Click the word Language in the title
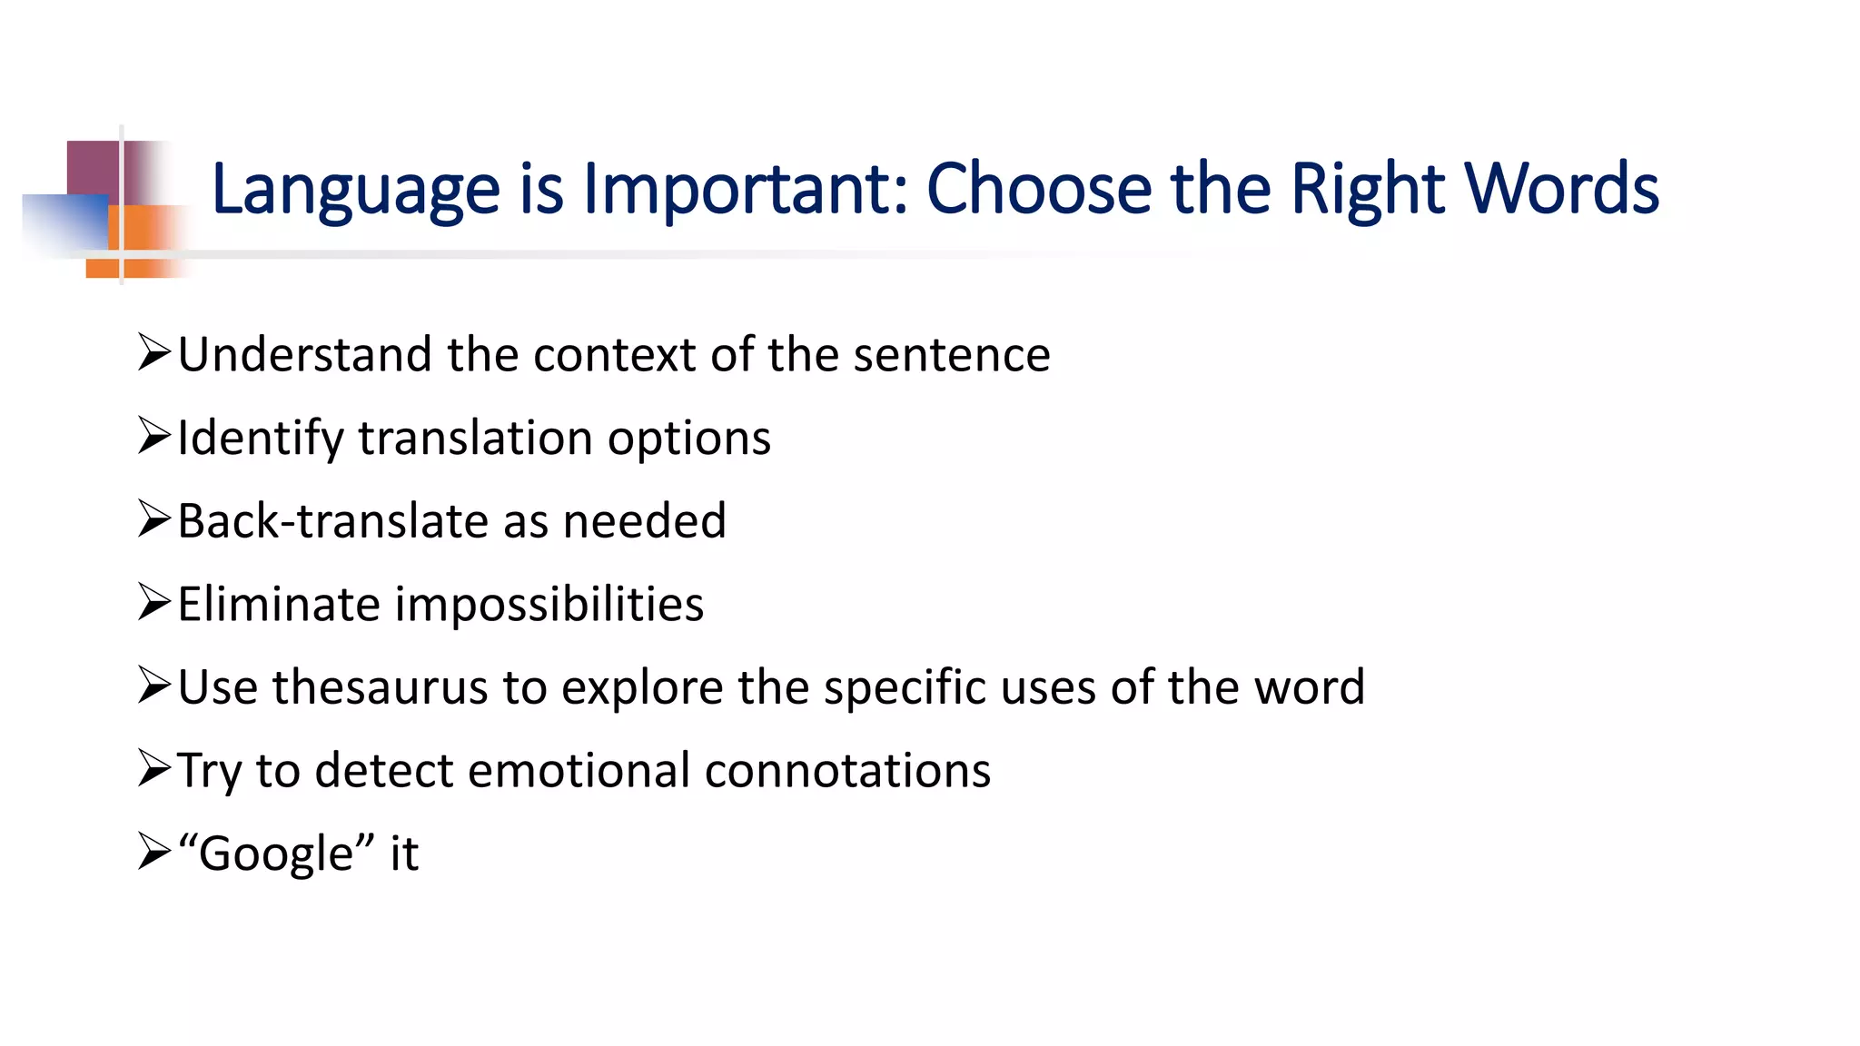point(355,189)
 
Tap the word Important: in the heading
point(745,189)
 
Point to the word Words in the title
point(1562,189)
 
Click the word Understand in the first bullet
point(304,354)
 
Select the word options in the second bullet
point(689,438)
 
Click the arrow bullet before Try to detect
point(154,768)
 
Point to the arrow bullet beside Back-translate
point(154,518)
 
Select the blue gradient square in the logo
point(64,222)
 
